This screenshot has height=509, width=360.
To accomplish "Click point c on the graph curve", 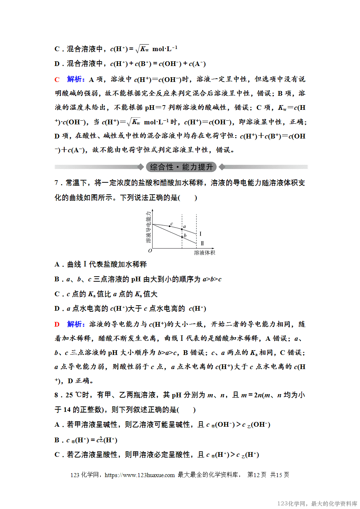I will pos(170,226).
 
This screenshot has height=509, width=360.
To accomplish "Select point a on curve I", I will pos(182,229).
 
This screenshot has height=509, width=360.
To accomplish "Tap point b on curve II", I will pos(182,237).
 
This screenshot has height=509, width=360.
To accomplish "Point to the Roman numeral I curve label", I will pos(200,234).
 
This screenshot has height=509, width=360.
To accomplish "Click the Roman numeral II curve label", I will pos(202,243).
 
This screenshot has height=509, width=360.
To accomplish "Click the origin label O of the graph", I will pos(150,251).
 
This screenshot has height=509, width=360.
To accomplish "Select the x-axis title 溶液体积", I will pos(204,253).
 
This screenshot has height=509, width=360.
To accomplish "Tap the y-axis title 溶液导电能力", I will pos(148,227).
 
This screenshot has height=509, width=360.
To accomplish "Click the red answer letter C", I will pos(57,79).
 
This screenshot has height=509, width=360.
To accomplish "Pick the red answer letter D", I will pos(57,324).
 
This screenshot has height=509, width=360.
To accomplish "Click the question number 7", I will pos(56,183).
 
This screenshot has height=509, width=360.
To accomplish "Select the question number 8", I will pos(56,395).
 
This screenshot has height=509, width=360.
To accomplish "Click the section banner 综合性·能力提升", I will pos(181,167).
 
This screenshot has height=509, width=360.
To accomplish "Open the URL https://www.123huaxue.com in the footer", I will pos(140,475).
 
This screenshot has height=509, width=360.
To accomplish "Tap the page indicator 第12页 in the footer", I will pos(257,475).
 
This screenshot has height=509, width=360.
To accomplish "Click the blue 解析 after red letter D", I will pos(75,324).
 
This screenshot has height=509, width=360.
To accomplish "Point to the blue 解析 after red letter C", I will pos(75,79).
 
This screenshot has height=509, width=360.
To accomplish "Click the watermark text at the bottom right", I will pos(317,504).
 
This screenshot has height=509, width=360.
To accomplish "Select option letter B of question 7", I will pos(57,279).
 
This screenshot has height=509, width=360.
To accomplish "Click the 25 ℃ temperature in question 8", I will pos(74,395).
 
